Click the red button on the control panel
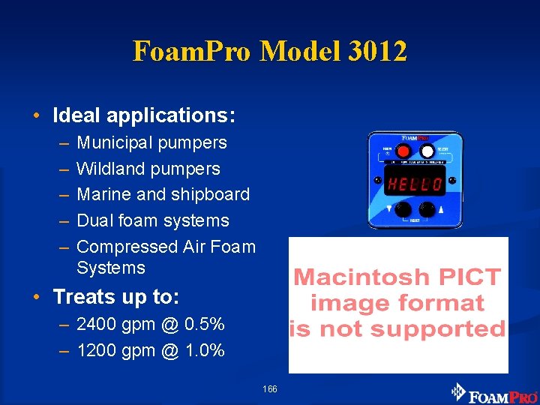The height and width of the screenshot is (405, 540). coord(403,150)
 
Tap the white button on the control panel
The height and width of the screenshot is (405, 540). coord(427,151)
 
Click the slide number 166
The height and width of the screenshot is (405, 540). coord(270,389)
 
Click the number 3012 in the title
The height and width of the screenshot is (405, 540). coord(379,52)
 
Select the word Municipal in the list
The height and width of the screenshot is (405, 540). coord(113,142)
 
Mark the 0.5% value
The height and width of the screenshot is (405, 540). coord(204,325)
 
